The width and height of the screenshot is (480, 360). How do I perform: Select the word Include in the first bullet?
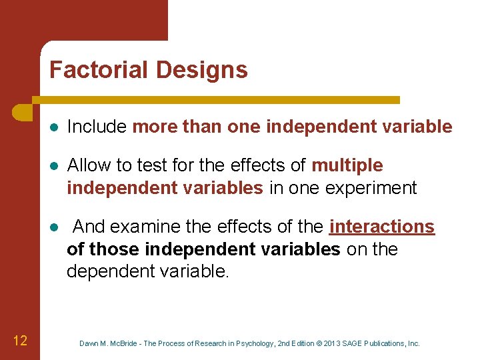pyautogui.click(x=97, y=127)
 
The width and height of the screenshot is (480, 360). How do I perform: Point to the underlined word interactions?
pyautogui.click(x=382, y=227)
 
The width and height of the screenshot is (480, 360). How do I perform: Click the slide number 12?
pyautogui.click(x=20, y=341)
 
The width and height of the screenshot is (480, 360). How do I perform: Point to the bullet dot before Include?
pyautogui.click(x=53, y=127)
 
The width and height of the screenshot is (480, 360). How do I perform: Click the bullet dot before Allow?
pyautogui.click(x=53, y=166)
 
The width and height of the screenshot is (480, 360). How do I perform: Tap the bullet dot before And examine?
pyautogui.click(x=53, y=227)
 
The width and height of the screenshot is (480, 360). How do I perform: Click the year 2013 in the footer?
pyautogui.click(x=333, y=343)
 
